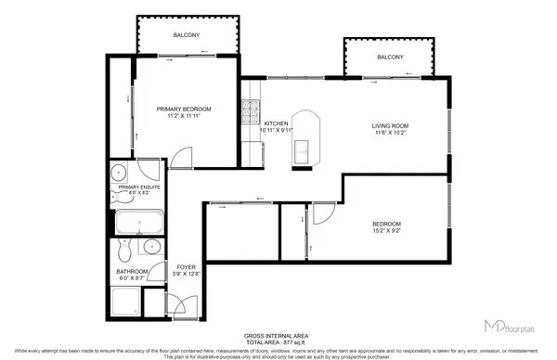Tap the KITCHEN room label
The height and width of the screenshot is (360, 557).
tap(277, 123)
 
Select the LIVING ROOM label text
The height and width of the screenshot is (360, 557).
tap(391, 125)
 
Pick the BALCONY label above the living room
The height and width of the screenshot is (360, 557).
tap(390, 58)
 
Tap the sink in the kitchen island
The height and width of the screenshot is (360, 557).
tap(303, 148)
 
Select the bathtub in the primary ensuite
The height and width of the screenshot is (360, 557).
tap(139, 223)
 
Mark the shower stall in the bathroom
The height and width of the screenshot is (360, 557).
tap(126, 301)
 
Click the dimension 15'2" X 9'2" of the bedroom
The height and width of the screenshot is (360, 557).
tap(387, 231)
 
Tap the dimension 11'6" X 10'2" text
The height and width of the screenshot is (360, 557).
tap(391, 134)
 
